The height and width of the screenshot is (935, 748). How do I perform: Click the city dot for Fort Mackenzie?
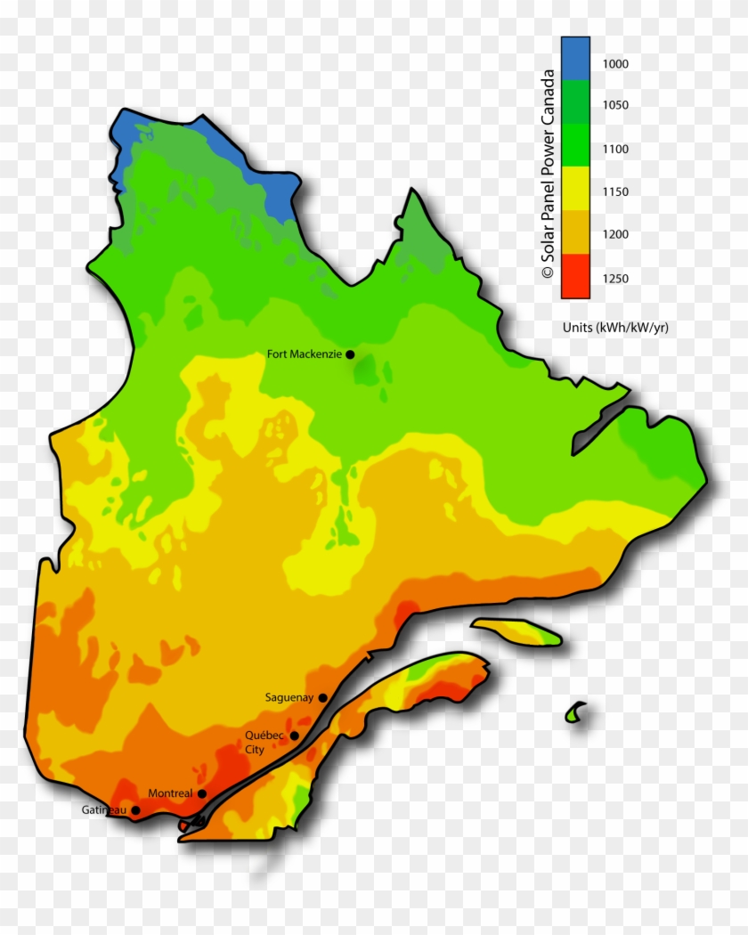pos(350,354)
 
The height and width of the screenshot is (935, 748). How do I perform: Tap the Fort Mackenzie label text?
pos(304,354)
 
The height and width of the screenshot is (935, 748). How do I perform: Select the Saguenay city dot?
pos(323,698)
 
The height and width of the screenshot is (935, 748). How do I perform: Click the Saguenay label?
pos(289,698)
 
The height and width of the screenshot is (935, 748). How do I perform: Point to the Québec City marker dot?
pos(295,736)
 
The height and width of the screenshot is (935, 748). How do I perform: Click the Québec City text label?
pos(264,742)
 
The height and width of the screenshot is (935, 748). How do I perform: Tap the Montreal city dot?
pos(202,793)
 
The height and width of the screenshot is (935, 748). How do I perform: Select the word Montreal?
pos(170,793)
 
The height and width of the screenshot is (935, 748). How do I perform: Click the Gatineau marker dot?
pos(135,810)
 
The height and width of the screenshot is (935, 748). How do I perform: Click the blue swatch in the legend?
pos(575,58)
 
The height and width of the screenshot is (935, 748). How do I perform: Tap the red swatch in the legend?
pos(575,275)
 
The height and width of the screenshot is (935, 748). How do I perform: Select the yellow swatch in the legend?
pos(575,189)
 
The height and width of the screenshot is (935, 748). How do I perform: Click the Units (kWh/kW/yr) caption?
pos(615,328)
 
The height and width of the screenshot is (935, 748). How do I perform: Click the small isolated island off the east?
pos(576,712)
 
